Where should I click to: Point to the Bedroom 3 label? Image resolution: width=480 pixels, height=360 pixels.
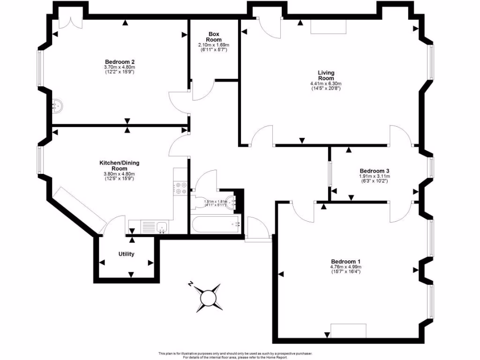375,171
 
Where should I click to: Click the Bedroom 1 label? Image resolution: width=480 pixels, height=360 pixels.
345,262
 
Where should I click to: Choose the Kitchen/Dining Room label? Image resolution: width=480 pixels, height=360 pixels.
119,165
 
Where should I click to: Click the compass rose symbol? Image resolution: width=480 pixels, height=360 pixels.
207,297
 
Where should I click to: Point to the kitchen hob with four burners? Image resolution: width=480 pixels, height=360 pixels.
180,187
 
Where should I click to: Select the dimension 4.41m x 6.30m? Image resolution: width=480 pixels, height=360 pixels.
326,83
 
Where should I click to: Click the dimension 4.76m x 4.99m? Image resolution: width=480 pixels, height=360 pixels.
345,267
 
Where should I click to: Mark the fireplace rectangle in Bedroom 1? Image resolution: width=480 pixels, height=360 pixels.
348,330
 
